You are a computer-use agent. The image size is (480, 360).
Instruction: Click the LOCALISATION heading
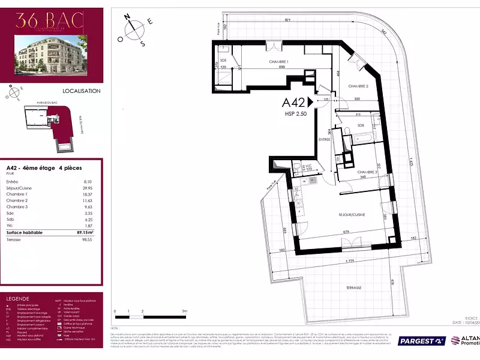81,91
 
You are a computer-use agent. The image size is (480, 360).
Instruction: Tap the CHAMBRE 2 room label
358,86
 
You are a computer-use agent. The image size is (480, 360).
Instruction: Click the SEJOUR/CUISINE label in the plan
350,215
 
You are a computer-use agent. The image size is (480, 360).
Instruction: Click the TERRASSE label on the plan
353,288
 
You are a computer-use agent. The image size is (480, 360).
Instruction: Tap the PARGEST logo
422,341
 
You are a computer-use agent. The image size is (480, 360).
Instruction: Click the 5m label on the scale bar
185,311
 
